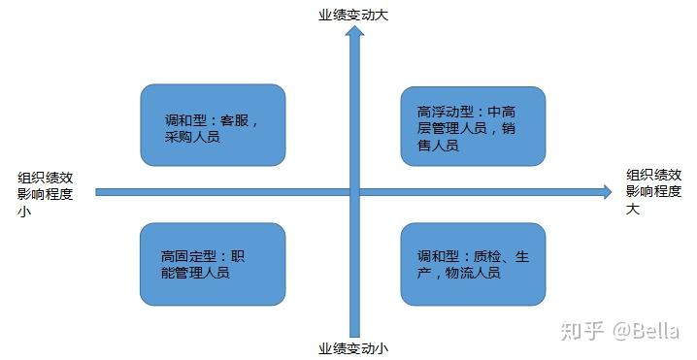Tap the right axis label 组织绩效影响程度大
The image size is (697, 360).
click(653, 191)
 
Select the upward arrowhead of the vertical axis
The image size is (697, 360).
click(354, 35)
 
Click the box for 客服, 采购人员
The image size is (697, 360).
click(213, 125)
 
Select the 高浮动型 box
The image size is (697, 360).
click(473, 126)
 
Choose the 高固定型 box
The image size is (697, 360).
click(213, 264)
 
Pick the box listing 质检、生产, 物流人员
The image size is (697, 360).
click(473, 264)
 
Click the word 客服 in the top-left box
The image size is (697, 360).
click(237, 121)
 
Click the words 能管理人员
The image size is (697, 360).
click(196, 273)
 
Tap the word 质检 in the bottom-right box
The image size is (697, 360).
click(486, 256)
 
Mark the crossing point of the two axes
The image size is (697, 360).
click(354, 192)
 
